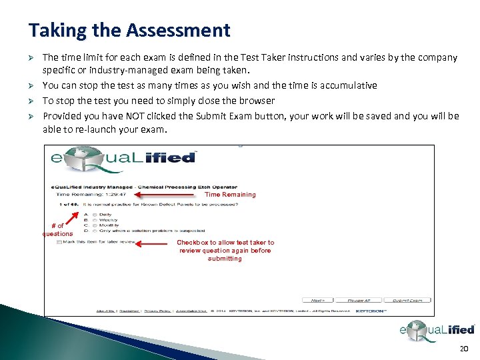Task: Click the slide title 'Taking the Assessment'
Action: click(129, 30)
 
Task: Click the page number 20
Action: click(464, 350)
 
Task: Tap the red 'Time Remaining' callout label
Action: click(230, 195)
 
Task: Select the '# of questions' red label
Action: click(57, 230)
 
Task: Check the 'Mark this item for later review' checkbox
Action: click(60, 242)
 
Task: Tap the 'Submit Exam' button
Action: click(407, 301)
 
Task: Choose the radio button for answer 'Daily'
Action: click(95, 215)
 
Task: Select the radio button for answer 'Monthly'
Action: click(95, 225)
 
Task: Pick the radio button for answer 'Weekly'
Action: click(95, 220)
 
